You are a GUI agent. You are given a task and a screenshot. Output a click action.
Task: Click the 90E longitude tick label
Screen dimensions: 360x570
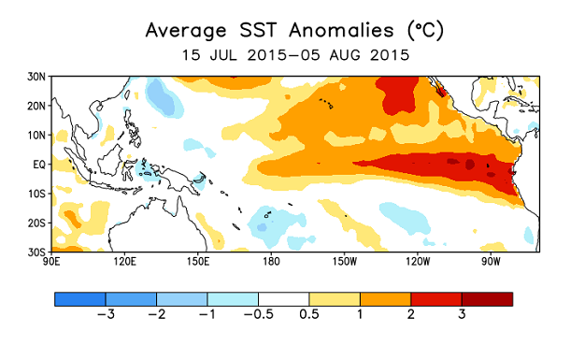click(x=52, y=262)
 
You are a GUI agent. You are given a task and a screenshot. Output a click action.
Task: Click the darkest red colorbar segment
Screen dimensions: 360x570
click(x=487, y=300)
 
